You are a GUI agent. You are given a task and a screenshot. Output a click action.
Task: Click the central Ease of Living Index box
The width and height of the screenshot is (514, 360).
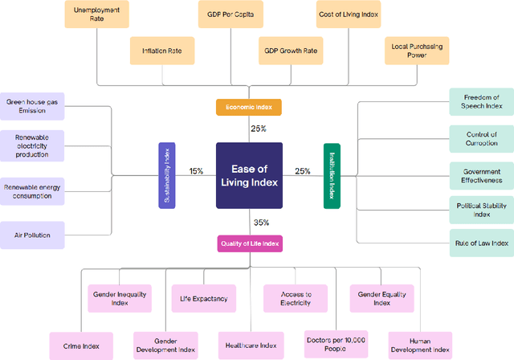[x=249, y=175]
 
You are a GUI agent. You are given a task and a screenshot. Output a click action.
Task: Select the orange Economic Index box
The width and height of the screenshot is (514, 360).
[x=249, y=107]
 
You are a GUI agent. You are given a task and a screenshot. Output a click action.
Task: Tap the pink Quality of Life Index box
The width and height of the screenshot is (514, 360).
[x=249, y=243]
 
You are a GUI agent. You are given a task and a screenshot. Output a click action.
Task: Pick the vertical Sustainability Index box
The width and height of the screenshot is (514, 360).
[x=166, y=175]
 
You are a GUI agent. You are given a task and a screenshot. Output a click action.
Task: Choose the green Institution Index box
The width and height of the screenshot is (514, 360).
[x=332, y=176]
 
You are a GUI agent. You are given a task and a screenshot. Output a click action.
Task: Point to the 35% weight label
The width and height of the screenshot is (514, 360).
[x=261, y=223]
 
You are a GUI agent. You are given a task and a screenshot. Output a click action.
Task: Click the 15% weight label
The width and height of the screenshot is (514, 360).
[x=196, y=171]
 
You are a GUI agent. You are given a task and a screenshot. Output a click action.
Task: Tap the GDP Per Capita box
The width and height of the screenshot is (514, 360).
[x=230, y=14]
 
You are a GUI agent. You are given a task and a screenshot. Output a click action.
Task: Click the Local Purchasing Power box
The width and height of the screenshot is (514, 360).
[x=416, y=50]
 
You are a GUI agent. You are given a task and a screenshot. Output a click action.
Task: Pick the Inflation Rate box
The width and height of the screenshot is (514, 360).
[x=162, y=50]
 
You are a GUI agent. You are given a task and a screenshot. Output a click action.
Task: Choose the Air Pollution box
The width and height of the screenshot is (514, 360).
[x=32, y=235]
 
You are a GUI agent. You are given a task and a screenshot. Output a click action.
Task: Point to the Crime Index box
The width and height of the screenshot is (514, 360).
[x=81, y=345]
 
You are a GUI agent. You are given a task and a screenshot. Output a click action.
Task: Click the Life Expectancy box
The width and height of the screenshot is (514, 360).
[x=204, y=299]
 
